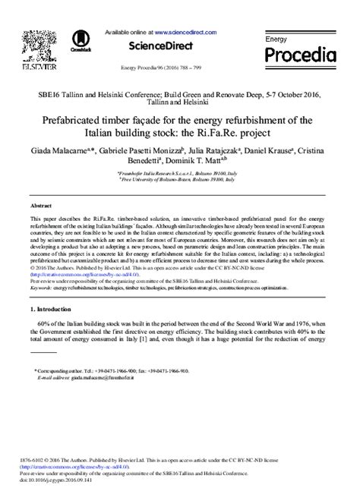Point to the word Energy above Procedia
[276, 38]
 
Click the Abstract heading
[41, 206]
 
